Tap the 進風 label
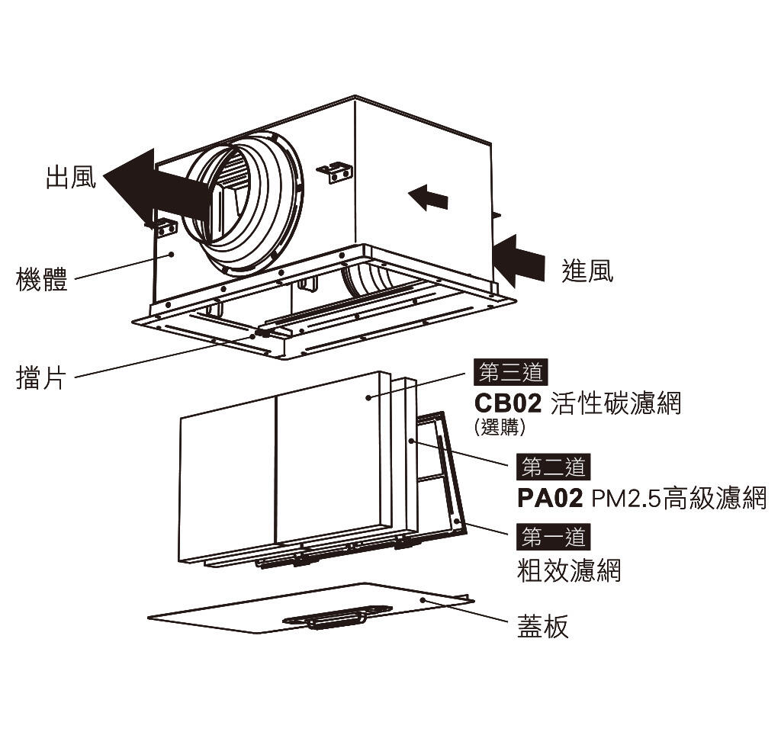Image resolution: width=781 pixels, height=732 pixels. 587,271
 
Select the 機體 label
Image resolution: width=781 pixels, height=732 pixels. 42,279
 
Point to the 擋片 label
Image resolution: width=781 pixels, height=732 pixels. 41,377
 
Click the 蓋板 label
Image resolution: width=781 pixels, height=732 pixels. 543,627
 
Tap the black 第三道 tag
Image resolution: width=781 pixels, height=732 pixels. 510,372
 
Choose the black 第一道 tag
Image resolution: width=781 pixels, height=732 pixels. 553,537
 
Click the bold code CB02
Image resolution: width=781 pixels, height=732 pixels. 507,403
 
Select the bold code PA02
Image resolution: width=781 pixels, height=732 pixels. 550,499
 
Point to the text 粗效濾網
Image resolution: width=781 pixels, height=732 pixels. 569,570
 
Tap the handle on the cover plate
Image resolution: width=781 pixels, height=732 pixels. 336,617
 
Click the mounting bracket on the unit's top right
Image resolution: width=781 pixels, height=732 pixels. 335,172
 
